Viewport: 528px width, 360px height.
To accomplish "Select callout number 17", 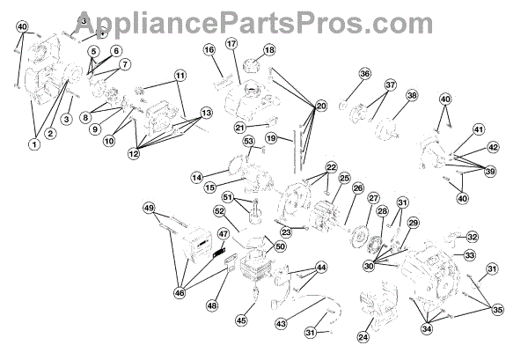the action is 231,43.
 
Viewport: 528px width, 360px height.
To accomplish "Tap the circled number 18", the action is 269,50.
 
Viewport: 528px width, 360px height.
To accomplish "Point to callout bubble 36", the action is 364,74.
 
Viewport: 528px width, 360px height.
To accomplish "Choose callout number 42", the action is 492,147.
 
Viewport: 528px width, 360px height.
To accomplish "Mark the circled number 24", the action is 363,335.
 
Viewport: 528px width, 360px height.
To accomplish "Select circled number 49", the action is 149,208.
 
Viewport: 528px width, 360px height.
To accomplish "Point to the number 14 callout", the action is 197,177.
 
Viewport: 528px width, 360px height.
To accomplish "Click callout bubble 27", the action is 373,199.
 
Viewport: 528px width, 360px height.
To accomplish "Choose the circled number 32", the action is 472,237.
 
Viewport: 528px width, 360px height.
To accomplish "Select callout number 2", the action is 50,133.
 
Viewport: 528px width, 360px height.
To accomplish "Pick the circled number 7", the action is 125,63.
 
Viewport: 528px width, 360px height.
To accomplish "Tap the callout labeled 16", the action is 209,50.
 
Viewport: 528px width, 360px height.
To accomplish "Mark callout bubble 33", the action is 470,255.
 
